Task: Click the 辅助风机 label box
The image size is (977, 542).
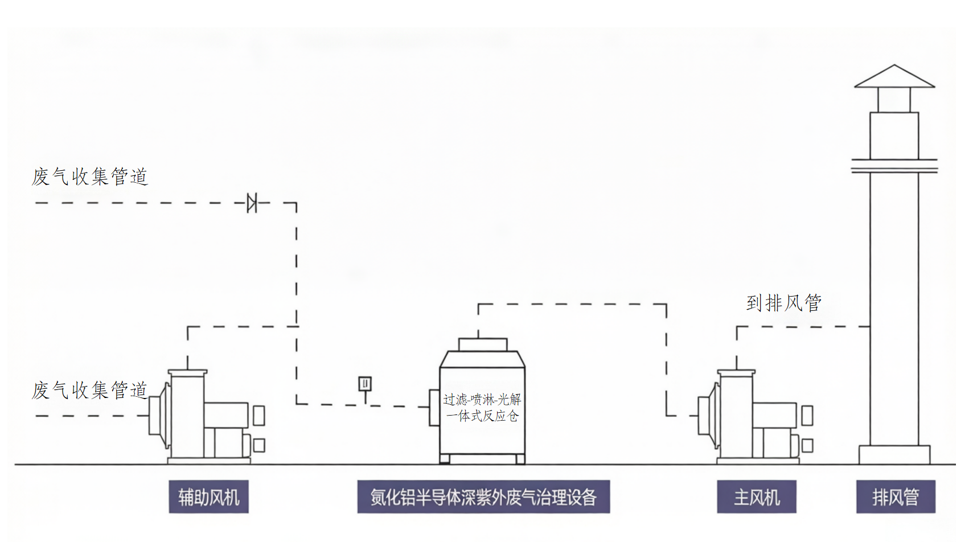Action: coord(208,497)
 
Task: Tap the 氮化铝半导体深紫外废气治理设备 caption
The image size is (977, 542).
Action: coord(483,497)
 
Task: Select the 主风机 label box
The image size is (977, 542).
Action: coord(756,497)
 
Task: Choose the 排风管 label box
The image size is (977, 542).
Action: coord(896,497)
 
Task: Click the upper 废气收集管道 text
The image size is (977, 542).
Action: coord(90,176)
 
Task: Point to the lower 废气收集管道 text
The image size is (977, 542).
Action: coord(90,391)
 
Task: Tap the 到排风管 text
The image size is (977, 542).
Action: coord(784,303)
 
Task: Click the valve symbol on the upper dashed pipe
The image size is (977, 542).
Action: coord(252,203)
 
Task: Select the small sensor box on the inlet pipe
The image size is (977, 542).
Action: coord(365,384)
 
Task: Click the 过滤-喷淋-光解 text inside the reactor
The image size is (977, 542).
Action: coord(482,400)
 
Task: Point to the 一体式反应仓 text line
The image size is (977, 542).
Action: coord(482,416)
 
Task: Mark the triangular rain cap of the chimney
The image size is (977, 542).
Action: coord(894,77)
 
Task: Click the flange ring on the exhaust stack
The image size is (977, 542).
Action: coord(894,166)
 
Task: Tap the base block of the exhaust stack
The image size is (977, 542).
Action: coord(894,455)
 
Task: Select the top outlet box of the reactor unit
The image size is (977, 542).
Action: coord(483,344)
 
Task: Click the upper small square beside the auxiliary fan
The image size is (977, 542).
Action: coord(259,415)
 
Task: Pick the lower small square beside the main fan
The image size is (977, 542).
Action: coord(807,445)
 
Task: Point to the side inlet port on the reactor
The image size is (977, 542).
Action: coord(434,407)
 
